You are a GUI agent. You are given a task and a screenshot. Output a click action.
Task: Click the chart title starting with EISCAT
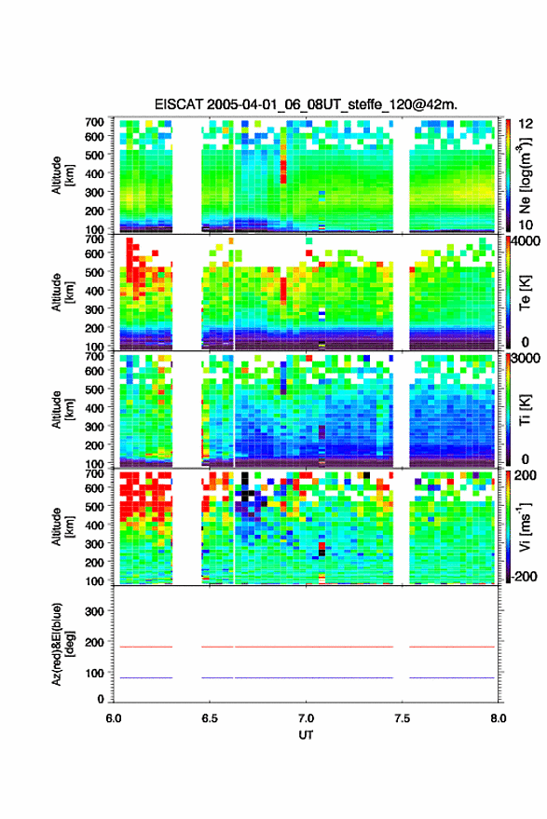click(306, 104)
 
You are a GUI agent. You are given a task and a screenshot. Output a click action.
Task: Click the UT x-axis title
click(306, 735)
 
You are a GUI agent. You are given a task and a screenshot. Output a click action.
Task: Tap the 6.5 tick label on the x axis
click(210, 718)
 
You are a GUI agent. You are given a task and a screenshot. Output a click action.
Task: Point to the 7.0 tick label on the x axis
click(306, 718)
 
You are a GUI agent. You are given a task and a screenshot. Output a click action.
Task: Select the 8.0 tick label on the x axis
click(498, 718)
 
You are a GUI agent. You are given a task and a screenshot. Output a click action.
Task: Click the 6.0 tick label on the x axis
click(114, 718)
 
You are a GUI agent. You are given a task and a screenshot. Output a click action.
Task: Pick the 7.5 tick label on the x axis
click(402, 718)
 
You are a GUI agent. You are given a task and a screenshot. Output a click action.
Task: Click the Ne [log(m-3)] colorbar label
click(525, 175)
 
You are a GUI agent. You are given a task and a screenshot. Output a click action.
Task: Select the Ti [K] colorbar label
click(525, 410)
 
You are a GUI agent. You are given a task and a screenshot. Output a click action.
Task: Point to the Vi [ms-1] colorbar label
click(525, 526)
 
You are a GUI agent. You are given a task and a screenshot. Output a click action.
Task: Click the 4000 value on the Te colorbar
click(525, 242)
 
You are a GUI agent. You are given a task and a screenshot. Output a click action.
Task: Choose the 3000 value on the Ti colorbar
click(525, 359)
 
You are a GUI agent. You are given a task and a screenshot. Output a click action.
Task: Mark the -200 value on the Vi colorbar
click(524, 577)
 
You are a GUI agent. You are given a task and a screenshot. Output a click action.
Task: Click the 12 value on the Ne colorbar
click(525, 124)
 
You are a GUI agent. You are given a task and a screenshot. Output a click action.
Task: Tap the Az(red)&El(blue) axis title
click(62, 644)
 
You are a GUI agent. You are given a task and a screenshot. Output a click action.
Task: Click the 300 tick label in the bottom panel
click(94, 611)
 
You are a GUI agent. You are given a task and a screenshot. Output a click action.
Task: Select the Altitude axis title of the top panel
click(62, 175)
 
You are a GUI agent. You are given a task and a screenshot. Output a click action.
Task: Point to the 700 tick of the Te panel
click(94, 239)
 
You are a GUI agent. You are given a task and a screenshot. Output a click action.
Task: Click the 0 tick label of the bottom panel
click(101, 699)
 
